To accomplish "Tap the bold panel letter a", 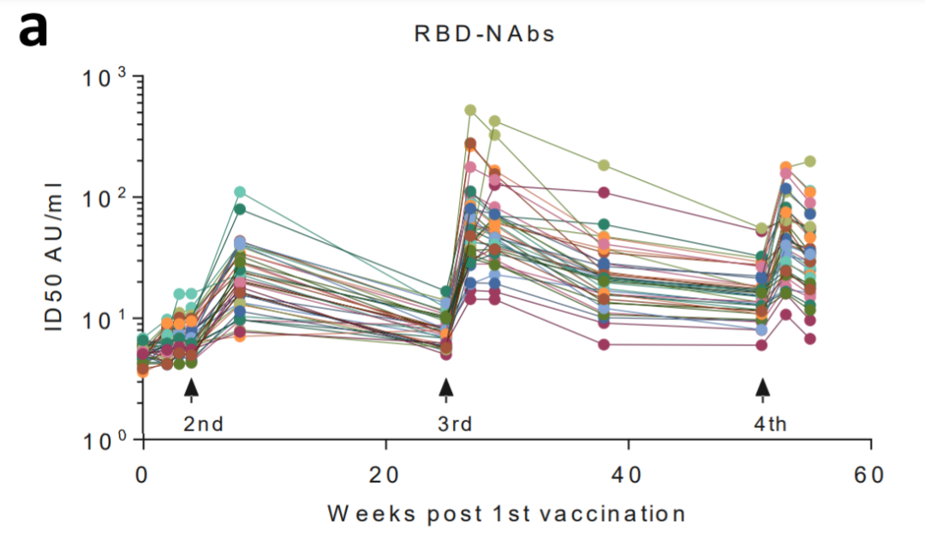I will [x=33, y=31].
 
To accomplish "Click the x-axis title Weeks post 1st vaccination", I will [x=506, y=513].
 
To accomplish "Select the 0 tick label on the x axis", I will [x=142, y=475].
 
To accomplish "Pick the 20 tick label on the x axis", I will [x=386, y=475].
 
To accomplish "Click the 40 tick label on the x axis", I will [x=629, y=475].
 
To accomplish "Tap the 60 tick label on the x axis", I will [x=871, y=475].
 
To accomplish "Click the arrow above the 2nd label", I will [x=191, y=389].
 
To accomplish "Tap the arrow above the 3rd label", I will [x=445, y=389].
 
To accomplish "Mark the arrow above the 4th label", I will [x=762, y=389].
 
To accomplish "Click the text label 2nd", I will [x=204, y=424].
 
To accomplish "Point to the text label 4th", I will [x=771, y=424].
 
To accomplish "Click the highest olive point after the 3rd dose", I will [x=470, y=110].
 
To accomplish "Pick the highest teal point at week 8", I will [x=240, y=192].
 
